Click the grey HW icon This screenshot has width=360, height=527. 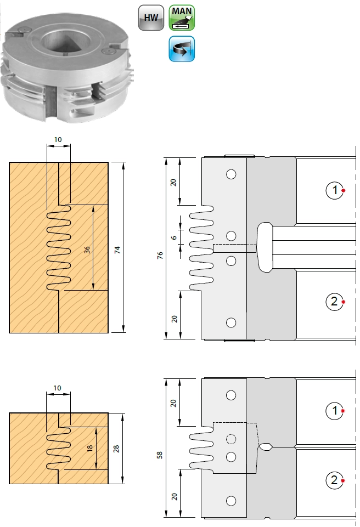[151, 18]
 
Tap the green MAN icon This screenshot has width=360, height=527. [182, 18]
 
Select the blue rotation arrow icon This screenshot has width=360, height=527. [182, 49]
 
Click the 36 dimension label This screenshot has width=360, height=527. [87, 250]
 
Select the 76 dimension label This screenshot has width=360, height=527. [160, 255]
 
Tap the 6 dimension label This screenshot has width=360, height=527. [173, 237]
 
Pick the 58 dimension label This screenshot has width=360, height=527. [160, 455]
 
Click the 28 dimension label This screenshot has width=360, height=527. [116, 449]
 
